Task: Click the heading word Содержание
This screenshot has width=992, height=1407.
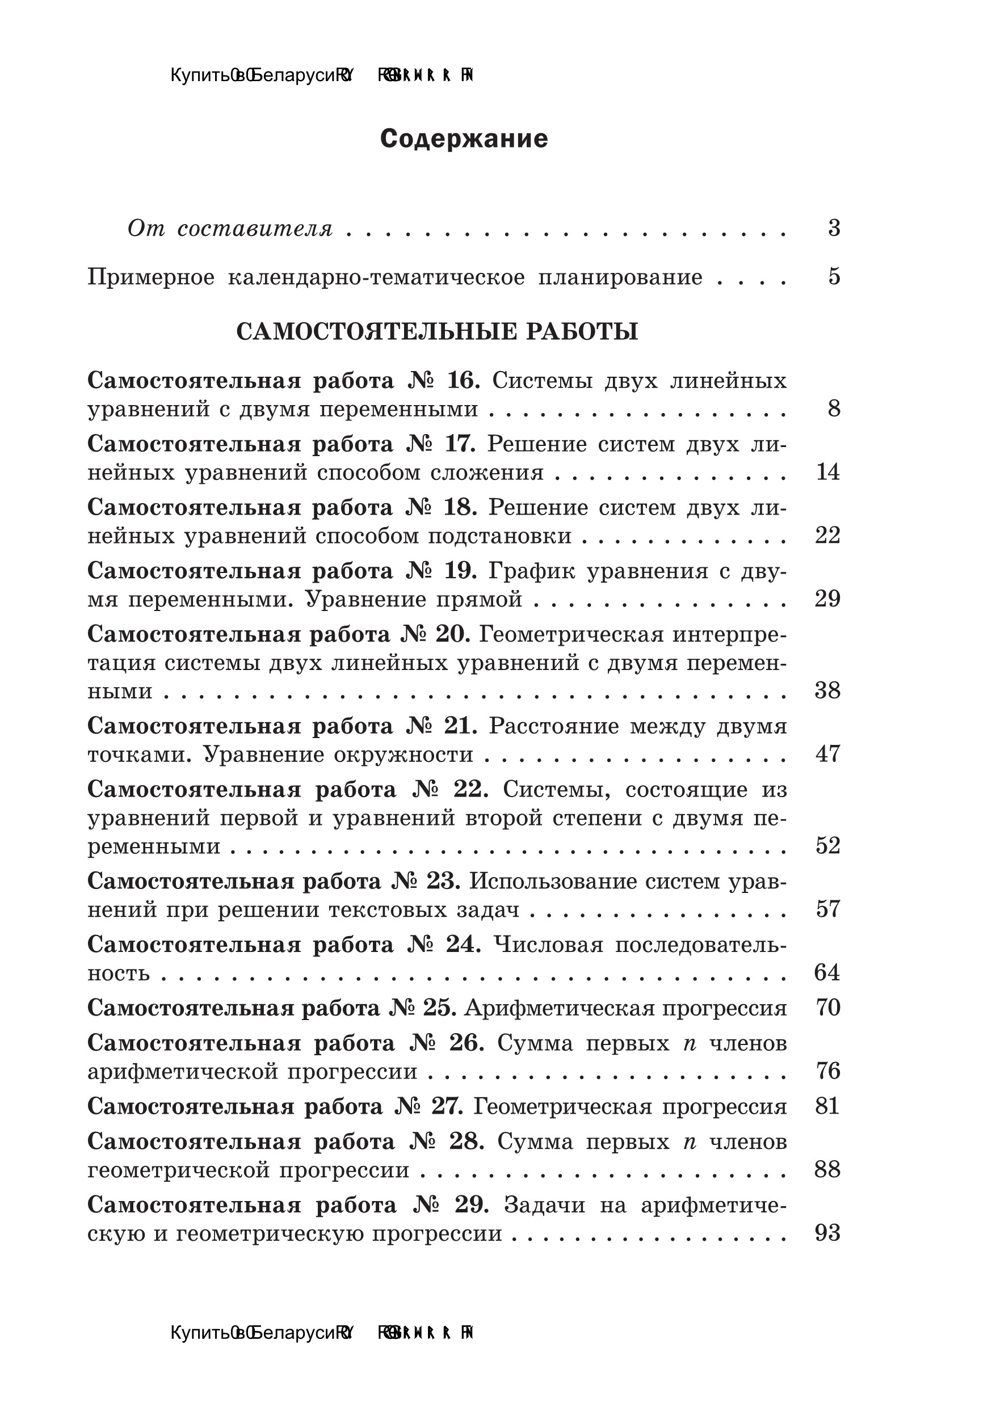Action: (x=464, y=139)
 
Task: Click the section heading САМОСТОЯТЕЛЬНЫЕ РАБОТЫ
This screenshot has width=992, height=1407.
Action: (x=437, y=331)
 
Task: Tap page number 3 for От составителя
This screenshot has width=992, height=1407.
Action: (x=834, y=228)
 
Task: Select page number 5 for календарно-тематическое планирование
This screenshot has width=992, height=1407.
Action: (x=834, y=277)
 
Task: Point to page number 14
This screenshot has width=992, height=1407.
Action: (x=827, y=472)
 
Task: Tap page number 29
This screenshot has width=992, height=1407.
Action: (x=827, y=599)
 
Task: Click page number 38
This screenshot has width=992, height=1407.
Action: (x=827, y=690)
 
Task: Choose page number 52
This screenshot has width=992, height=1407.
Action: (x=827, y=846)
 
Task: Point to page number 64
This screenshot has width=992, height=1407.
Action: (x=827, y=972)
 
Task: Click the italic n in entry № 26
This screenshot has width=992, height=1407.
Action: (x=690, y=1043)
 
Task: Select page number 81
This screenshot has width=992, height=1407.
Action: (x=827, y=1106)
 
